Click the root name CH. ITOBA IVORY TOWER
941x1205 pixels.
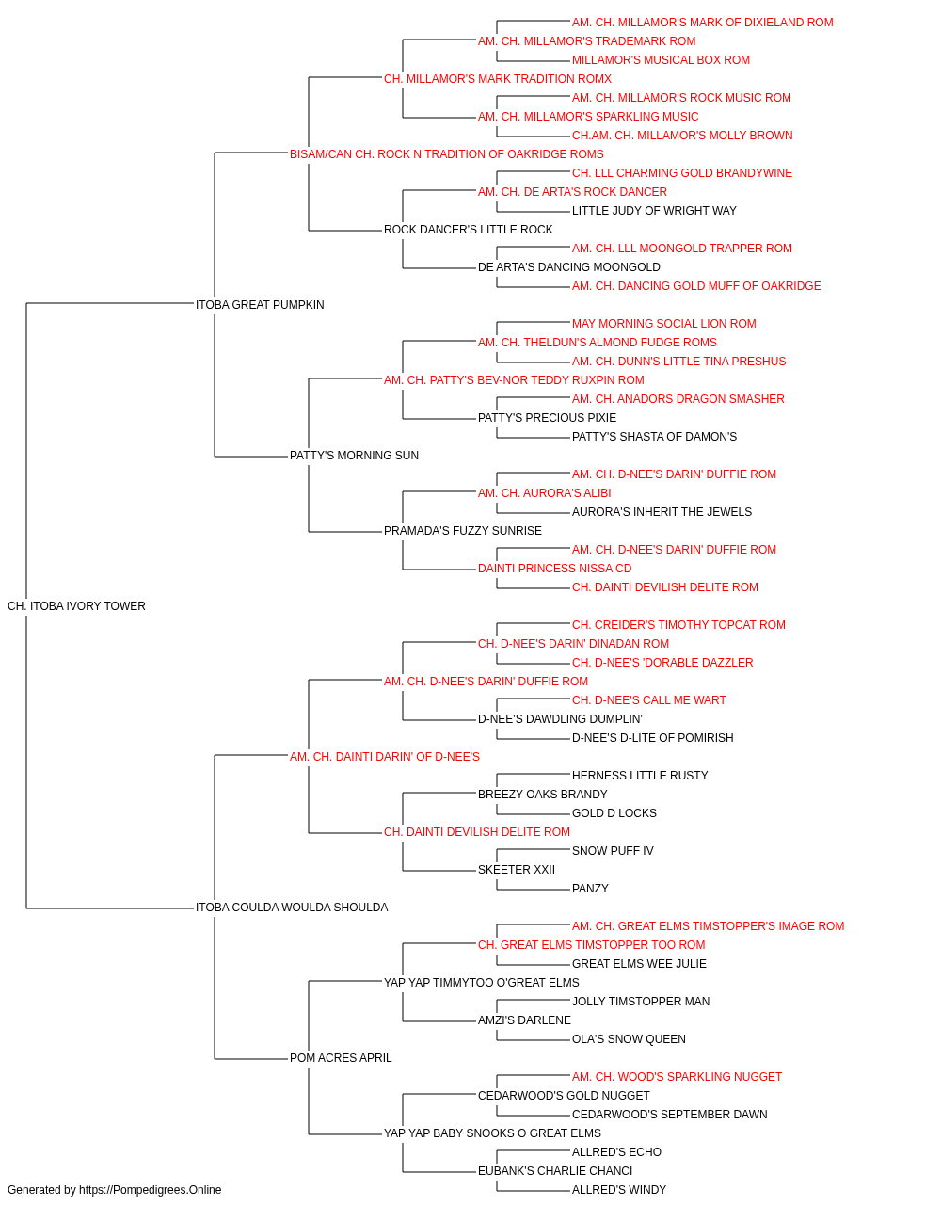(76, 606)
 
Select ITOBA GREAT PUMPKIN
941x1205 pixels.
(260, 305)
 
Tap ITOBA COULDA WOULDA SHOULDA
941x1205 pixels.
(292, 908)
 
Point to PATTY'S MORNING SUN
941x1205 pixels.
(354, 456)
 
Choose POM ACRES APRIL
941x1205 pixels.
(341, 1058)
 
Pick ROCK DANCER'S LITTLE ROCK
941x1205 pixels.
(469, 230)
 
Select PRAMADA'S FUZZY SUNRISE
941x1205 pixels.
(463, 531)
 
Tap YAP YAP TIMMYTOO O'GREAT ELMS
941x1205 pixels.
(482, 983)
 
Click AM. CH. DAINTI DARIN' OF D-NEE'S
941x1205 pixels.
(385, 757)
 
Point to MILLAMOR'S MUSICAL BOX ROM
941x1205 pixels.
(662, 60)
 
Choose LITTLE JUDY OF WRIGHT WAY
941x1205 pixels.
(655, 211)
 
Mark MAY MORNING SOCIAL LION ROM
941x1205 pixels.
(664, 324)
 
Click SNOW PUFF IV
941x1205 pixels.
(613, 851)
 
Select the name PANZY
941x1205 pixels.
(590, 889)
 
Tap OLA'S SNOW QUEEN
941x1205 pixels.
(629, 1039)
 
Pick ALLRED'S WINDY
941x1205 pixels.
(619, 1190)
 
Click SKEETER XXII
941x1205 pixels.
(517, 870)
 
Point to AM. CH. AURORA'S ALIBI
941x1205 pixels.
(545, 493)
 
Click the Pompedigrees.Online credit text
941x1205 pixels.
(114, 1190)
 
